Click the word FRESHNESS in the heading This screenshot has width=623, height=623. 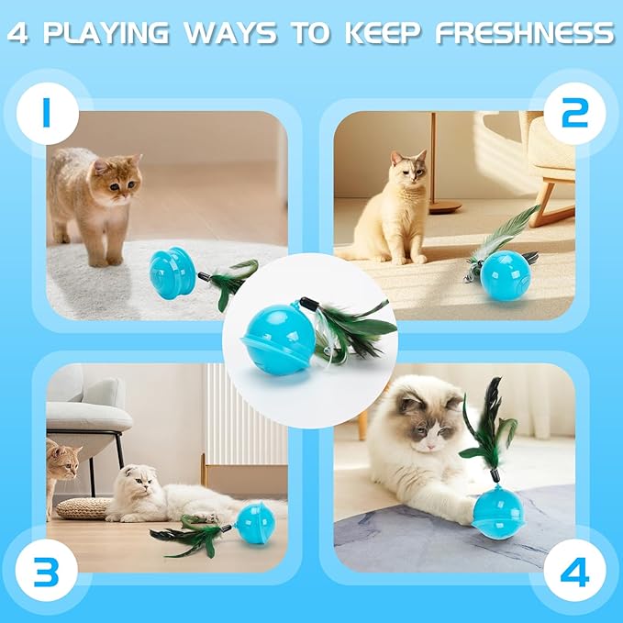click(524, 35)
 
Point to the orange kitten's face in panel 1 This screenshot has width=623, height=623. click(117, 179)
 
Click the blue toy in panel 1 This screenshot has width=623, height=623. click(172, 272)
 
